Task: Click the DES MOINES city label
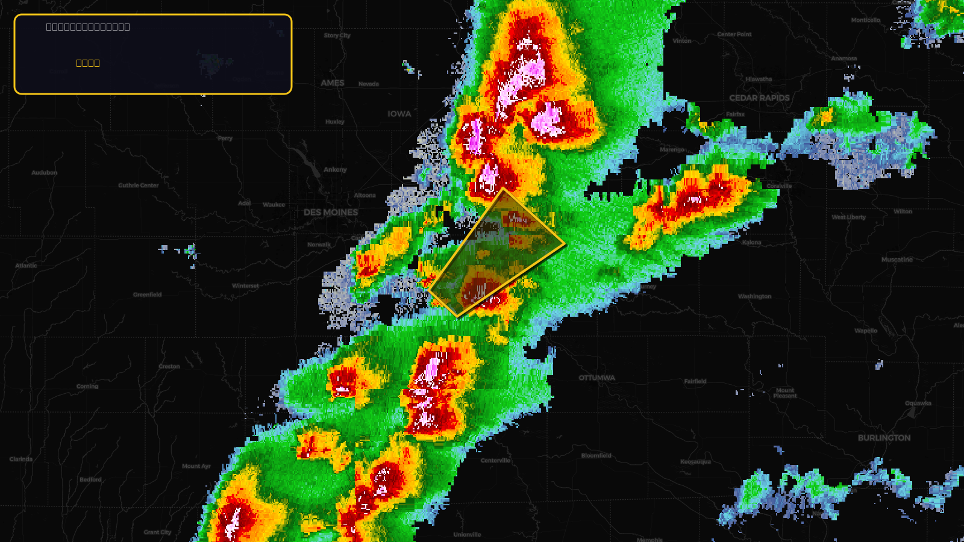click(331, 213)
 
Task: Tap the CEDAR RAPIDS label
click(759, 98)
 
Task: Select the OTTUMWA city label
click(597, 378)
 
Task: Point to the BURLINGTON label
click(884, 438)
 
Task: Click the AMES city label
click(333, 83)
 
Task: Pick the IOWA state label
click(399, 114)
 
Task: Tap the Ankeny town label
click(335, 170)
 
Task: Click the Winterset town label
click(245, 286)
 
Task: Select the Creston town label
click(169, 367)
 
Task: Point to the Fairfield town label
click(695, 381)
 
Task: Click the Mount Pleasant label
click(785, 393)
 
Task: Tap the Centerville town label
click(495, 461)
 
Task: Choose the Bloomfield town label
click(596, 456)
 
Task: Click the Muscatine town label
click(897, 260)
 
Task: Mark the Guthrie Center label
click(139, 185)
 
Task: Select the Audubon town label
click(45, 173)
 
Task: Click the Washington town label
click(754, 296)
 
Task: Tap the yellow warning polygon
click(497, 253)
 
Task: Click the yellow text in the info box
click(88, 63)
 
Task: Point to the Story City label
click(337, 36)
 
